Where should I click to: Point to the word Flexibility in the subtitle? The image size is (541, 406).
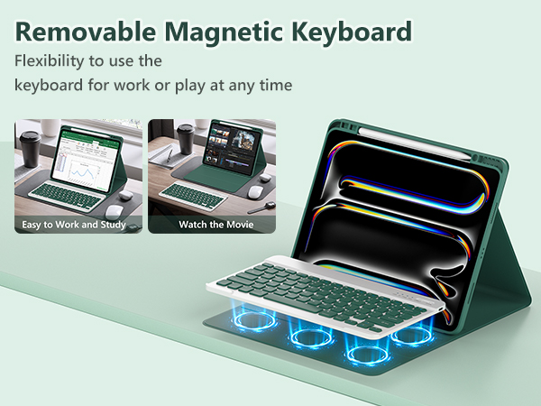pos(54,62)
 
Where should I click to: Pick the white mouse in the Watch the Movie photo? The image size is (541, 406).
pos(255,191)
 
